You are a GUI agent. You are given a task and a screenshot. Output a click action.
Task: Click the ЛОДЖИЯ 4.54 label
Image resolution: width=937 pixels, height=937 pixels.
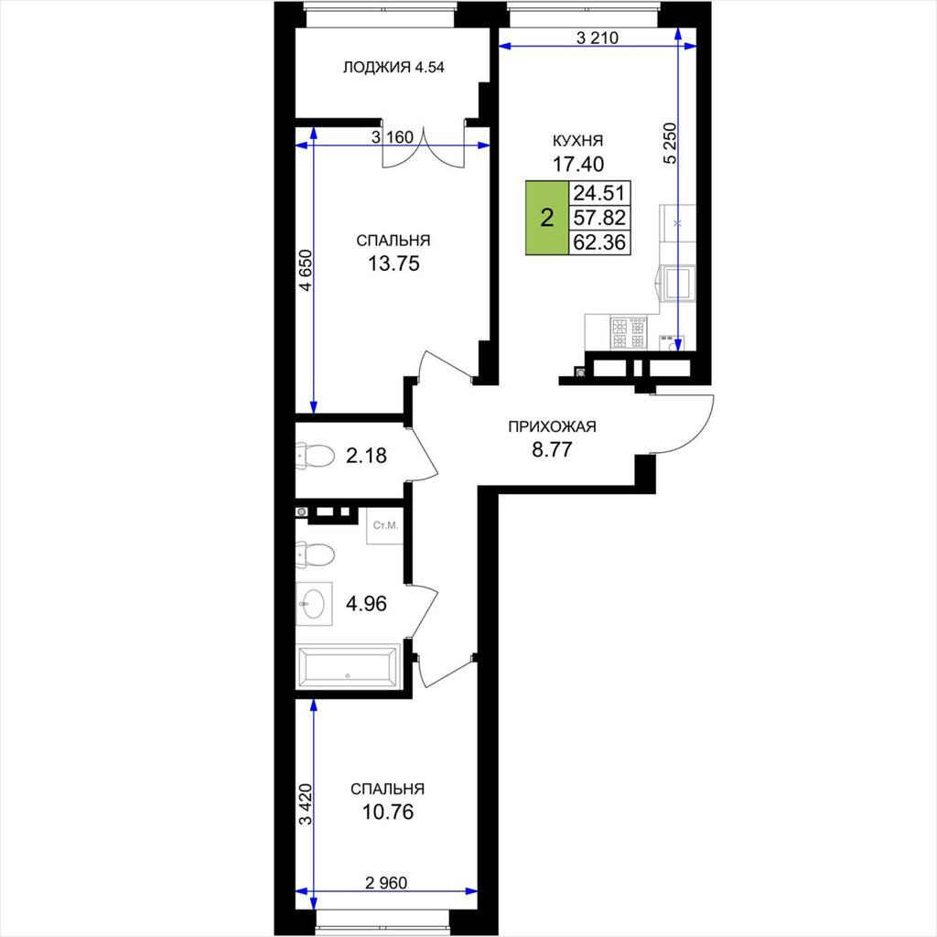[393, 67]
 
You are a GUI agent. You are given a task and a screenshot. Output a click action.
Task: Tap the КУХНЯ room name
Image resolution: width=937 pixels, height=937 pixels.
[578, 141]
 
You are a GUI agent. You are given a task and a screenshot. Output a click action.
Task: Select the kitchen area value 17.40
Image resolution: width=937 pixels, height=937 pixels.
[578, 164]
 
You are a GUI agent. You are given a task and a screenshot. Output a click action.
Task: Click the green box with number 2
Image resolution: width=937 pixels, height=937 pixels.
[547, 218]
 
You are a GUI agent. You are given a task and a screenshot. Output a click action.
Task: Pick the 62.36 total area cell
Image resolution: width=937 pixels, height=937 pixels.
[599, 242]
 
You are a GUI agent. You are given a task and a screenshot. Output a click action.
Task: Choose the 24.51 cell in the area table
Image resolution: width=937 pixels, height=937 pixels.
[599, 193]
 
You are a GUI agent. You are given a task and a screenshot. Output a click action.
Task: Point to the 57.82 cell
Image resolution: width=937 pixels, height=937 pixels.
[599, 218]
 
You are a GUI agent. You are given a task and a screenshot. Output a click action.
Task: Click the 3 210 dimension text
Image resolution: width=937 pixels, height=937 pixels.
[597, 38]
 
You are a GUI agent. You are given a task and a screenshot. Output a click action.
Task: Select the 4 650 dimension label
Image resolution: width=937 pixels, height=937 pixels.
[306, 270]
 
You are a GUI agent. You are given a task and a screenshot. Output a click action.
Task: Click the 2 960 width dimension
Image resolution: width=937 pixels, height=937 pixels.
[386, 882]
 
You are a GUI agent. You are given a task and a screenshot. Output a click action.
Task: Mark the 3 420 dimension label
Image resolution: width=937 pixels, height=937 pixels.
[306, 804]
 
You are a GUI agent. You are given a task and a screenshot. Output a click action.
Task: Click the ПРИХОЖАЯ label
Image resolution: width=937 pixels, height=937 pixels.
[552, 426]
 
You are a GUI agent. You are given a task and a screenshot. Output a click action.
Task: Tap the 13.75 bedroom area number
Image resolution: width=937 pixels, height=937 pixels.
[393, 264]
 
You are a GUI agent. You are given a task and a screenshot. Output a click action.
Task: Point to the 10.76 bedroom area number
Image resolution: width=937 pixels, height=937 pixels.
[388, 813]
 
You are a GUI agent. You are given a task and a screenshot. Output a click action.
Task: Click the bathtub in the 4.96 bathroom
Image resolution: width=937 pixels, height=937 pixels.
[348, 667]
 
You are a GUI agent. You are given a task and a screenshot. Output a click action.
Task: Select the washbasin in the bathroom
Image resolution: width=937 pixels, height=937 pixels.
[315, 604]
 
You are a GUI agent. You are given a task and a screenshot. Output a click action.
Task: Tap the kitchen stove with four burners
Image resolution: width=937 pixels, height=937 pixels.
[629, 333]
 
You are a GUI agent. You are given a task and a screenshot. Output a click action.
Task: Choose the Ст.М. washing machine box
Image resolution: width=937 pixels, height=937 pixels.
[385, 526]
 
